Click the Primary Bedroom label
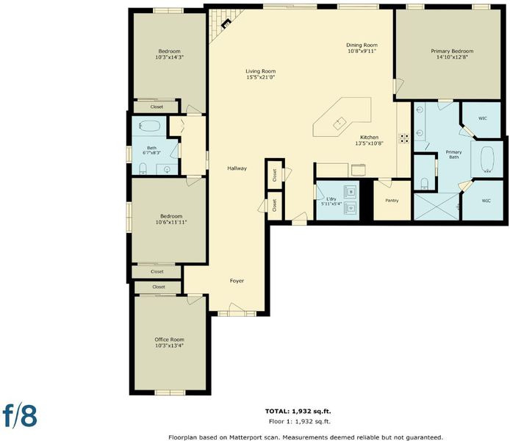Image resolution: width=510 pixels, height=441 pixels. point(452,51)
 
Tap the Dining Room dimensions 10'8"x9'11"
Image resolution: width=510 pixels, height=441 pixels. point(362,51)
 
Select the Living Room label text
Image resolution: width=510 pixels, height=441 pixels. point(261,71)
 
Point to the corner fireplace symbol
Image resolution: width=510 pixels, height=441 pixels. point(226,24)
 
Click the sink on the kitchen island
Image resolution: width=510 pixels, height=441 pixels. point(340,123)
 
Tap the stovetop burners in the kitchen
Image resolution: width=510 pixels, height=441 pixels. point(404,138)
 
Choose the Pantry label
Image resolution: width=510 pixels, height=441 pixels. point(392,201)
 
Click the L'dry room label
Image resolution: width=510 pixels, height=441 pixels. point(331,198)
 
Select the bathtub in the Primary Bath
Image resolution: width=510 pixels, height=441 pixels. point(487,159)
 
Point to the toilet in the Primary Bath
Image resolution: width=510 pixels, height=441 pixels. point(425,184)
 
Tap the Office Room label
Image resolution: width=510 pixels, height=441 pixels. point(169,340)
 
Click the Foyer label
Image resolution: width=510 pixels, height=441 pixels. point(237,281)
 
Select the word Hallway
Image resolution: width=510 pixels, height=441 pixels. point(237,168)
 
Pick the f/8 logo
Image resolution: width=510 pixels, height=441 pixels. point(20,415)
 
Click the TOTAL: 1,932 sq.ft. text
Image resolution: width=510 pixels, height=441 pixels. point(298,411)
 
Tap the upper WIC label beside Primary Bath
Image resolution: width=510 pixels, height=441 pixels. point(483,118)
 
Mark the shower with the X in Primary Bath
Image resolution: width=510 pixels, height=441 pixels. point(437,207)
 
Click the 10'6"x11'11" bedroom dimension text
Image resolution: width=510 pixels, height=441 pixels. point(171,222)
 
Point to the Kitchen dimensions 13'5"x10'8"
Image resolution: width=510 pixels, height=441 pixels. point(369,143)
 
